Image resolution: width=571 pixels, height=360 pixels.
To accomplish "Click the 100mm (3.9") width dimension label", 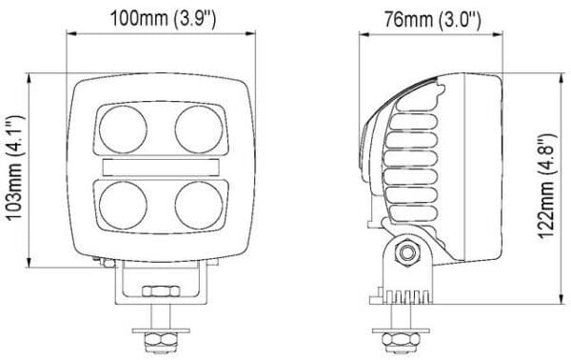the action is pyautogui.click(x=163, y=19).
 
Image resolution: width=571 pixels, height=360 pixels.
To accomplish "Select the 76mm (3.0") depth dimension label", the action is pyautogui.click(x=433, y=19).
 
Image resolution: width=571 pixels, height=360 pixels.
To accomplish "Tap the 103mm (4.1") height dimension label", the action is pyautogui.click(x=15, y=168).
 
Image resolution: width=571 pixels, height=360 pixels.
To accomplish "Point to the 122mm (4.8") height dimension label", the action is pyautogui.click(x=547, y=186).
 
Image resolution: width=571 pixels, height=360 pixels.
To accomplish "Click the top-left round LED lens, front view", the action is pyautogui.click(x=123, y=130).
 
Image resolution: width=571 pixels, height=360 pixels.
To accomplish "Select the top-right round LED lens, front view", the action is pyautogui.click(x=199, y=130).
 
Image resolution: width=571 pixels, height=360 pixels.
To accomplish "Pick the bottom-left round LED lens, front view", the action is pyautogui.click(x=123, y=205).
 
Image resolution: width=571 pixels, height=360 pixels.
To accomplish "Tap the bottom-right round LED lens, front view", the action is pyautogui.click(x=199, y=205).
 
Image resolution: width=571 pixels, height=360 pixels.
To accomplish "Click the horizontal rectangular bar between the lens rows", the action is pyautogui.click(x=161, y=168).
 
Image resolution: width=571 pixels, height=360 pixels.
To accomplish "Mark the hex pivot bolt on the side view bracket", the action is pyautogui.click(x=407, y=252).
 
